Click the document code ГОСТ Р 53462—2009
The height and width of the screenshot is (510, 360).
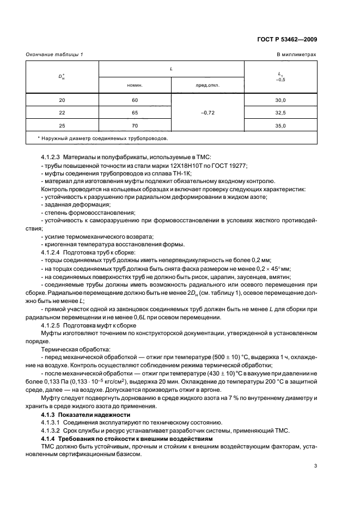289,39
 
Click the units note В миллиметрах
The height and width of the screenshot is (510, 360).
296,55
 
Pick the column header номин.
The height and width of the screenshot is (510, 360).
135,86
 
